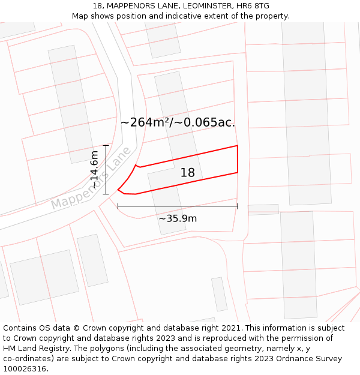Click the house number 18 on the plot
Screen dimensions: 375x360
(188, 173)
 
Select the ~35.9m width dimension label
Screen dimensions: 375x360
(178, 218)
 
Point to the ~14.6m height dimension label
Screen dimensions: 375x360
(94, 170)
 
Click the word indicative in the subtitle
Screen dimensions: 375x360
(182, 16)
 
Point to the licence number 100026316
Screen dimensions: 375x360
(25, 369)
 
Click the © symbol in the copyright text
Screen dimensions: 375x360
(76, 328)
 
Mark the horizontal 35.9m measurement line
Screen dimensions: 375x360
(178, 206)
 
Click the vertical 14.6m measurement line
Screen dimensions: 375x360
(106, 170)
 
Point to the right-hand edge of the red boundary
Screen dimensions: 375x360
(238, 159)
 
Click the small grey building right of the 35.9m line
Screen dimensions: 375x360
(263, 209)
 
